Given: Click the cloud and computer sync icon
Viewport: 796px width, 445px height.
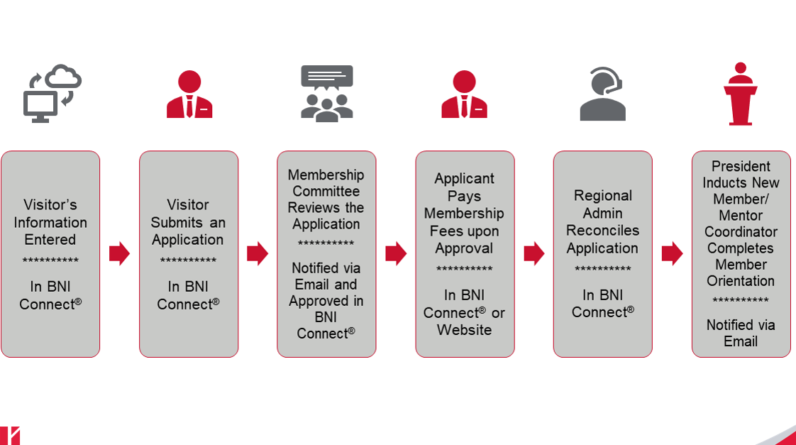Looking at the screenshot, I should (x=52, y=94).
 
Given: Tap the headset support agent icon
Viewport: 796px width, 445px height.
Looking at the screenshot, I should (x=602, y=94).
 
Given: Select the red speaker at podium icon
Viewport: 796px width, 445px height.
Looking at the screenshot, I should (x=740, y=94).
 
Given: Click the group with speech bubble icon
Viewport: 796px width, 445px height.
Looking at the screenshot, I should (x=326, y=94).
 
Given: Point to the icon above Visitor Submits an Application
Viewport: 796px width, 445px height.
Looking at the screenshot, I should (x=189, y=94).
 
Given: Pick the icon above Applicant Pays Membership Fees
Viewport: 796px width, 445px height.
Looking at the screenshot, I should (x=464, y=94).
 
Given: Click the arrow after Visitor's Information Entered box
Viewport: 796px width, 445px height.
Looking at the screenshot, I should (x=119, y=253).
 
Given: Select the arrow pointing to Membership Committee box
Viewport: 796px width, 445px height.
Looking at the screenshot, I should (x=257, y=253).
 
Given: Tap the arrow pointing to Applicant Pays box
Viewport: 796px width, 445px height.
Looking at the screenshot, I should (x=395, y=253).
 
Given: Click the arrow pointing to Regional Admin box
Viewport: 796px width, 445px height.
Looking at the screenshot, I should (x=534, y=253).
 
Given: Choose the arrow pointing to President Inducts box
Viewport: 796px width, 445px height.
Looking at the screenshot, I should (x=671, y=253).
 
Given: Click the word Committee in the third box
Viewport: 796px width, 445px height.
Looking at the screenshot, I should (x=326, y=191).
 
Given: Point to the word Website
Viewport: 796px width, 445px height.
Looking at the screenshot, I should (x=464, y=330).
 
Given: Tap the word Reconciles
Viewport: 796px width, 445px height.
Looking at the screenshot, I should (x=602, y=231).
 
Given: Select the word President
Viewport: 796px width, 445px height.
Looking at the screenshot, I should (x=741, y=166).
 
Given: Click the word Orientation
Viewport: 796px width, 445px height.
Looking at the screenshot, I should (x=741, y=281).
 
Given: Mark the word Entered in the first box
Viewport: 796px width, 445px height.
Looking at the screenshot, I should (x=50, y=240).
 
